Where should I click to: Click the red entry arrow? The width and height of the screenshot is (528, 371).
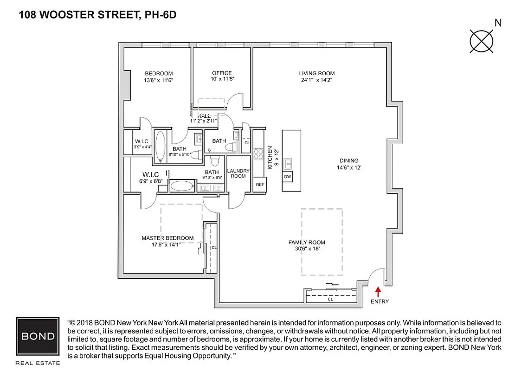(x=378, y=291)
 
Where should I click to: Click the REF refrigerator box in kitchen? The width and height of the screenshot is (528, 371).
(x=260, y=185)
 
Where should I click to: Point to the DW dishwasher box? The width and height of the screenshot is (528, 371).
(x=287, y=177)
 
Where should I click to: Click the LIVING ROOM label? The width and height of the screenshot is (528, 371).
(x=316, y=73)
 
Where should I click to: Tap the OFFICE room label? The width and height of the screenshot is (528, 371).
(x=222, y=73)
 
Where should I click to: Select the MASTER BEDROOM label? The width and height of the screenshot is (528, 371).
(x=167, y=238)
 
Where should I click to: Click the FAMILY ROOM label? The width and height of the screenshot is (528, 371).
(x=307, y=242)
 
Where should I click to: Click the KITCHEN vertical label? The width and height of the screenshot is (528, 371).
(x=269, y=157)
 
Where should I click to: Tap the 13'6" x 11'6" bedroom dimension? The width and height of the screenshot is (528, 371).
(x=158, y=80)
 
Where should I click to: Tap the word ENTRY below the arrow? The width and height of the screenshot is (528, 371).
(x=380, y=301)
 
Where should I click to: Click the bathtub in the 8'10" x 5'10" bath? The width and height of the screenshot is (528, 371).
(x=161, y=146)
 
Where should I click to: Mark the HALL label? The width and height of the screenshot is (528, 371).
(x=204, y=115)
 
